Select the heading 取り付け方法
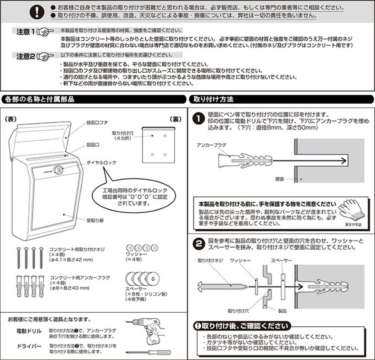pos(213,100)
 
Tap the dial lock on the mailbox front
pos(57,171)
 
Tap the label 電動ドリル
pos(29,330)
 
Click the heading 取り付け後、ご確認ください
pos(240,326)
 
